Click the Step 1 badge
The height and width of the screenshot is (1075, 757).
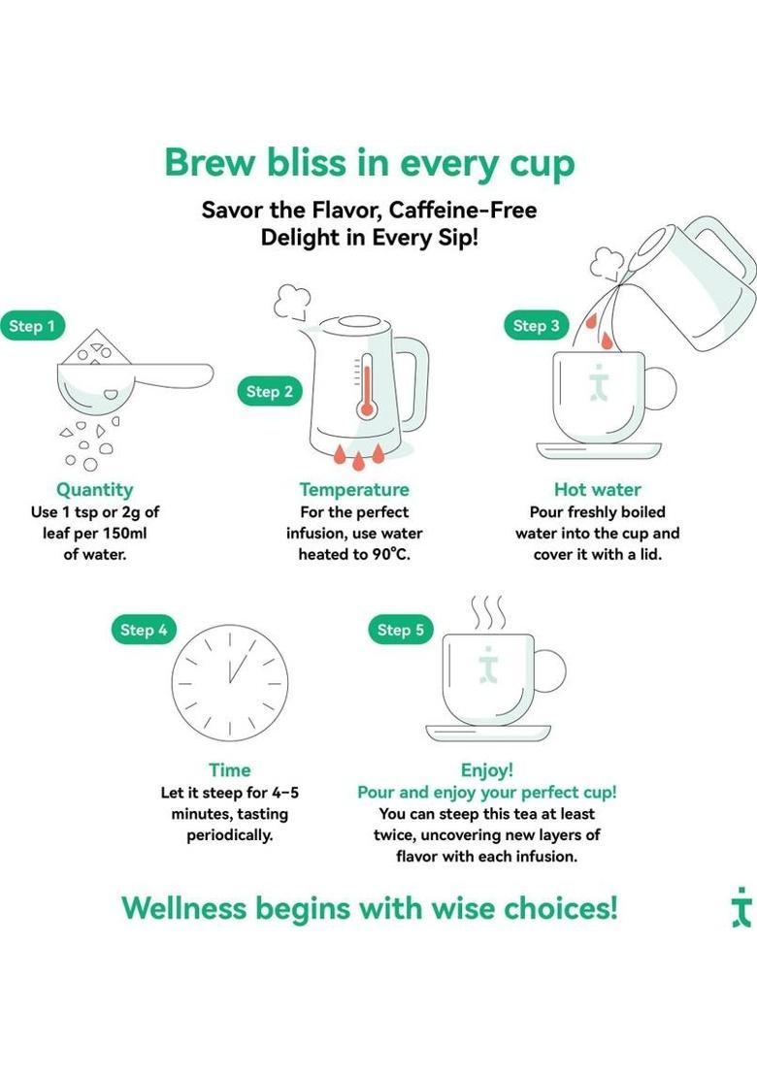tap(32, 326)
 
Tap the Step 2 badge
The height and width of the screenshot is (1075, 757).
tap(270, 391)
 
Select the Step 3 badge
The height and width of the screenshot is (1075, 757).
tap(536, 326)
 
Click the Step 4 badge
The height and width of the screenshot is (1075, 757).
tap(144, 630)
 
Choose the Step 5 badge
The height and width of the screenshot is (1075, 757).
tap(401, 630)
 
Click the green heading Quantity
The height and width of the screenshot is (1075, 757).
tap(95, 490)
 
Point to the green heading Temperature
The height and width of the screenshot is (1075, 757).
tap(354, 490)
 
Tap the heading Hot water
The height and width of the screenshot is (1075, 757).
tap(597, 490)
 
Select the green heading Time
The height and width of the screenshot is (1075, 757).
tap(230, 770)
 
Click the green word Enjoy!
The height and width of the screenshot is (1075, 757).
tap(487, 770)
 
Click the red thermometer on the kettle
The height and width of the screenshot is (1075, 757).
tap(367, 387)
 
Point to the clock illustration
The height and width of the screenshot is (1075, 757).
tap(230, 683)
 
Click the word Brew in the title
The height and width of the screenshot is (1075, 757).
tap(211, 163)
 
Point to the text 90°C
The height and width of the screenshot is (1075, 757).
tap(391, 554)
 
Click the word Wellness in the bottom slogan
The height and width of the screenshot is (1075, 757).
tap(183, 908)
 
